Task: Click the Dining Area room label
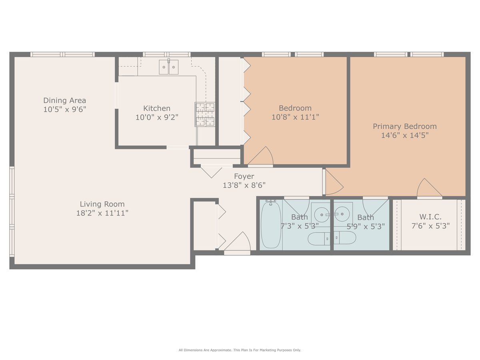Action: [x=64, y=100]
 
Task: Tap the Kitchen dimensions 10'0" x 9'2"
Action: [x=157, y=117]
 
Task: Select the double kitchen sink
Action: [x=169, y=67]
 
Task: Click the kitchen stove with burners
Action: [x=205, y=114]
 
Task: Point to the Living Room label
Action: [x=102, y=204]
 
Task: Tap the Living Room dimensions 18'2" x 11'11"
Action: [x=102, y=213]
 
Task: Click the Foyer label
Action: [x=244, y=176]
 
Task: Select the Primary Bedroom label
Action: [x=404, y=126]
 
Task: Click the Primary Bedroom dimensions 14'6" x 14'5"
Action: [x=405, y=135]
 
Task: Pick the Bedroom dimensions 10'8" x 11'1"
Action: [x=295, y=117]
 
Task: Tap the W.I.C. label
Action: [x=430, y=217]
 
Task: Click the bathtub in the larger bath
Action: [x=271, y=224]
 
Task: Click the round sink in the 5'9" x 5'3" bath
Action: [x=342, y=214]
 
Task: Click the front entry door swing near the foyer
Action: [x=238, y=242]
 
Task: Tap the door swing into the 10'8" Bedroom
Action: [x=261, y=156]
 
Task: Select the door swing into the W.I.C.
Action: [x=430, y=188]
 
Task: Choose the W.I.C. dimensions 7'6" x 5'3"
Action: [x=430, y=226]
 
